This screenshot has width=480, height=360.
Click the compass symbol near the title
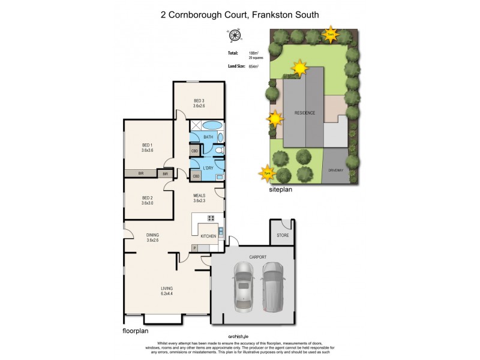(234, 36)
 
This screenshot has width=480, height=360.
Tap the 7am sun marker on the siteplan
(331, 34)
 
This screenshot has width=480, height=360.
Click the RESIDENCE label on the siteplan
(305, 113)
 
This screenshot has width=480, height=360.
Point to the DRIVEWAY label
(335, 171)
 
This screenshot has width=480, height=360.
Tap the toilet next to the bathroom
(220, 151)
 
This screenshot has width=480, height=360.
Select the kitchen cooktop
(211, 218)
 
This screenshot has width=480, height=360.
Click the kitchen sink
(221, 232)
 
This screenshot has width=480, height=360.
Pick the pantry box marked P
(195, 248)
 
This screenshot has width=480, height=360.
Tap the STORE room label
(283, 235)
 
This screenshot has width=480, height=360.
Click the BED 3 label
(199, 100)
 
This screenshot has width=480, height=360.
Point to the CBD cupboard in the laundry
(196, 176)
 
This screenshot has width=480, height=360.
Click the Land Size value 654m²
(253, 67)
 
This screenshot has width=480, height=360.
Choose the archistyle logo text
(239, 337)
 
